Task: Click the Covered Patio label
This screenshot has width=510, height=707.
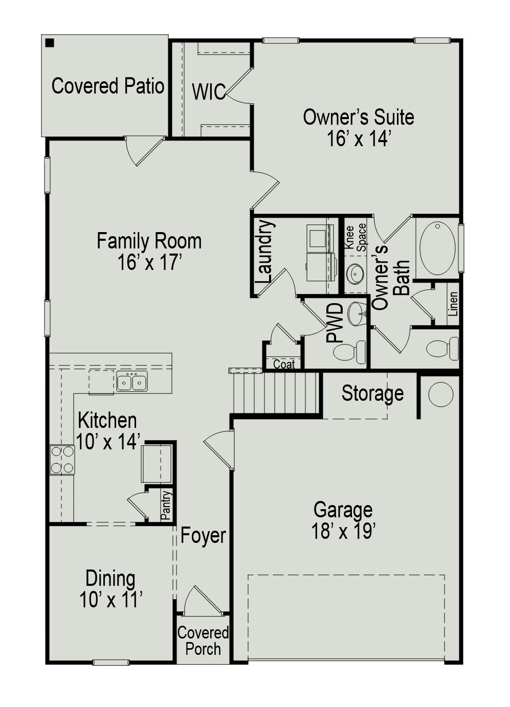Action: [107, 86]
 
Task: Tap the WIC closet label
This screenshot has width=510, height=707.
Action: [209, 92]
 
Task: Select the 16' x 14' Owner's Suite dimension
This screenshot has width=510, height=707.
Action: [359, 139]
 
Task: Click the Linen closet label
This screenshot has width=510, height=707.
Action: [453, 304]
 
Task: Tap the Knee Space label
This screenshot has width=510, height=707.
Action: [356, 237]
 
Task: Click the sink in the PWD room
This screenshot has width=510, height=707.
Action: [357, 313]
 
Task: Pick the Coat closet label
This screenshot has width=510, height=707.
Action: [284, 364]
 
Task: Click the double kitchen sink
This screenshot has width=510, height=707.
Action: [131, 381]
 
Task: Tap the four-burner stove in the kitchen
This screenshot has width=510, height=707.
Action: [62, 460]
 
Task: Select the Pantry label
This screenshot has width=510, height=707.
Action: [166, 505]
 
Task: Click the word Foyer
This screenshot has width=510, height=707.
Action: [203, 536]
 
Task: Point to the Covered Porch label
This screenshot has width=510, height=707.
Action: [203, 641]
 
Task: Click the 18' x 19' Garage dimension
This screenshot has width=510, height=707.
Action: [344, 532]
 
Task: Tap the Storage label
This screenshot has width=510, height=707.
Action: [372, 393]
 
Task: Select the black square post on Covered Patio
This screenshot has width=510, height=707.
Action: [50, 43]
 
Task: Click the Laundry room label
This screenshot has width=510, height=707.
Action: [264, 252]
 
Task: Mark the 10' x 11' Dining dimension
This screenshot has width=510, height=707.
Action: [110, 600]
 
